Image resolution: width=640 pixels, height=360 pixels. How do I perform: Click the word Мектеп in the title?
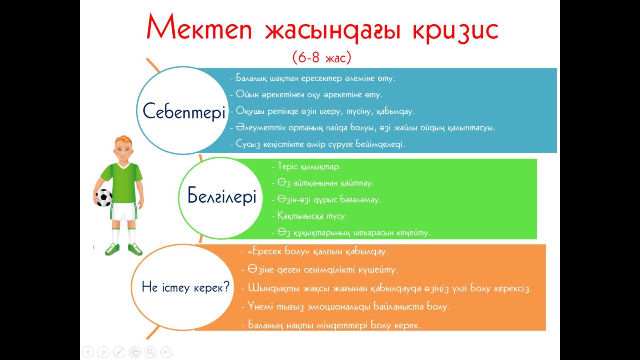199,26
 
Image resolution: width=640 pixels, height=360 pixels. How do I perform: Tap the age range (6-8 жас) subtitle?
322,57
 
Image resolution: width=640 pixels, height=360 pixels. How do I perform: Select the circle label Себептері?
184,112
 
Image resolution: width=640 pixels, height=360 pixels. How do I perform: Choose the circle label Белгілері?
222,196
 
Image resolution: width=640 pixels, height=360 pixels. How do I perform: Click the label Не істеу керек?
186,286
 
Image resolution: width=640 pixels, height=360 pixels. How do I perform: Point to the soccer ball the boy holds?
104,198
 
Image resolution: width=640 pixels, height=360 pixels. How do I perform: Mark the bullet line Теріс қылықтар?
306,166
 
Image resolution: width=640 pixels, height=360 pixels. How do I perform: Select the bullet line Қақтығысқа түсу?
310,216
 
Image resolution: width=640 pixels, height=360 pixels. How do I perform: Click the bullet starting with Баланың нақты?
331,325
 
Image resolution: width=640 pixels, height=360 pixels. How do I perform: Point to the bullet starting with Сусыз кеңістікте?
318,144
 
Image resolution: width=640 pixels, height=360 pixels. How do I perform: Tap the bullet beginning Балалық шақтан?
312,78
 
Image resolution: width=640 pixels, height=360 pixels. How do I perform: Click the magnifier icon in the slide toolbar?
150,352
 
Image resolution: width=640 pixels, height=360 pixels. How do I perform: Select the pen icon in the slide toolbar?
119,352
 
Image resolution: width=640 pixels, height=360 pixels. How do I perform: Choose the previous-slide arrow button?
88,352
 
